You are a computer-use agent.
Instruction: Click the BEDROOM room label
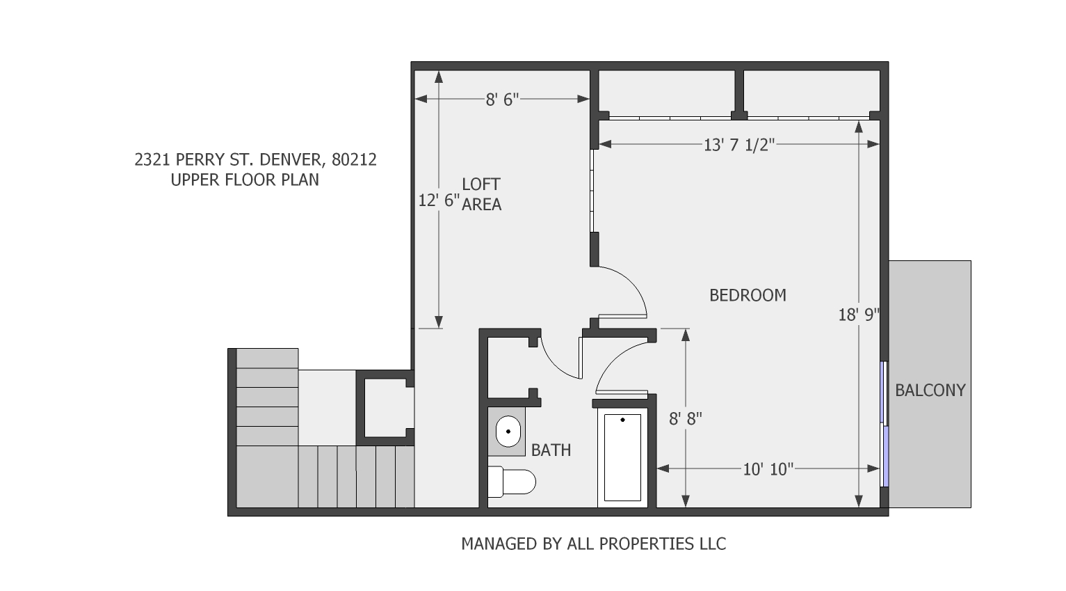(x=748, y=295)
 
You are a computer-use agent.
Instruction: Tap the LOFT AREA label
(x=481, y=194)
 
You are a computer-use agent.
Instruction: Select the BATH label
(x=551, y=450)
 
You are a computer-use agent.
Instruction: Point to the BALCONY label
(x=930, y=391)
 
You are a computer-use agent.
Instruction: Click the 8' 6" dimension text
(x=503, y=100)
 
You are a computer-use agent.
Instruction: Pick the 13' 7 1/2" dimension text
(x=739, y=145)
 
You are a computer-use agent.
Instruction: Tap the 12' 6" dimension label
(x=439, y=200)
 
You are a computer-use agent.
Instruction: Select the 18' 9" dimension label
(x=859, y=315)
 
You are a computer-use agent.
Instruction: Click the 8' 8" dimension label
(x=685, y=419)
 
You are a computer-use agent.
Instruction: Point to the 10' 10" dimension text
(x=768, y=469)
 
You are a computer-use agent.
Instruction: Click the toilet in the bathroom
(x=512, y=482)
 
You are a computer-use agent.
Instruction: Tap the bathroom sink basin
(x=508, y=432)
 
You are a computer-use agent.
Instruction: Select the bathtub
(x=622, y=457)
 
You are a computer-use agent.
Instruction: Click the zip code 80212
(x=354, y=160)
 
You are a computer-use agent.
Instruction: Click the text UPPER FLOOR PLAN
(x=245, y=180)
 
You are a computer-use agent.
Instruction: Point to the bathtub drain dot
(x=622, y=420)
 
